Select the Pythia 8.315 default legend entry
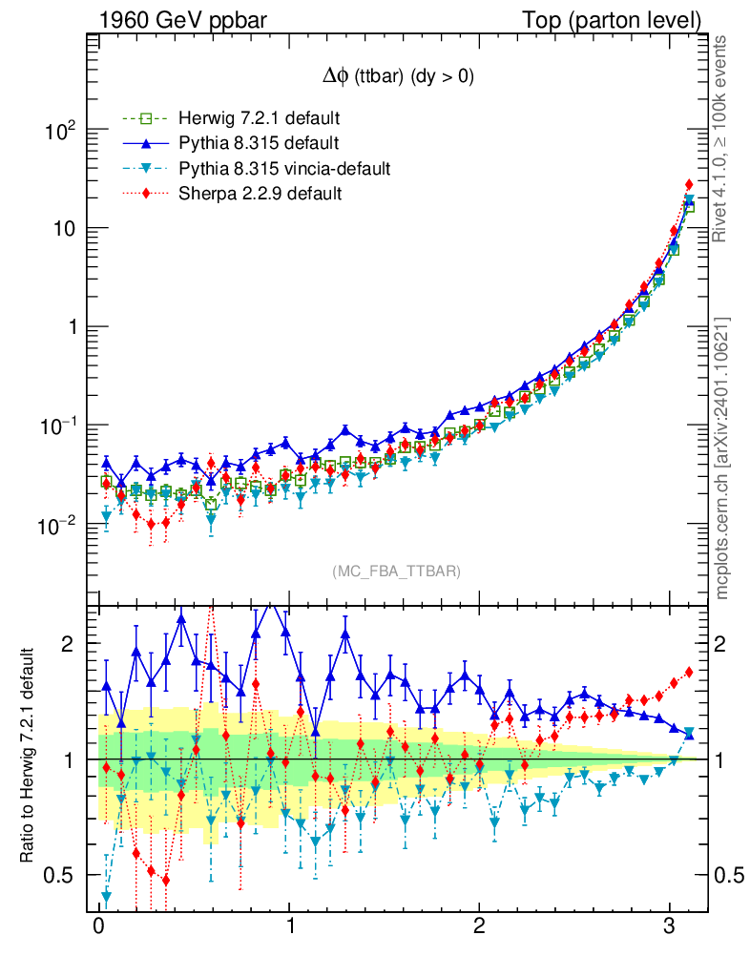[259, 144]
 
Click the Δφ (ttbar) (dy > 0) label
[398, 78]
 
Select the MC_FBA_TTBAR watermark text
[397, 572]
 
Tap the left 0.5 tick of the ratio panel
[62, 875]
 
